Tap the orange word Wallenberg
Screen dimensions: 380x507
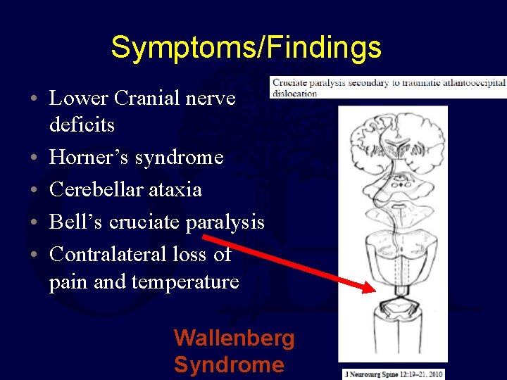(x=234, y=338)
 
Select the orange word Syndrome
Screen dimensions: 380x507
(x=229, y=365)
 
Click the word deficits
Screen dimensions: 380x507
(x=82, y=125)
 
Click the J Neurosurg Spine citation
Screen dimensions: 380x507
(x=394, y=373)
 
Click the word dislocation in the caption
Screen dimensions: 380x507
(x=294, y=94)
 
